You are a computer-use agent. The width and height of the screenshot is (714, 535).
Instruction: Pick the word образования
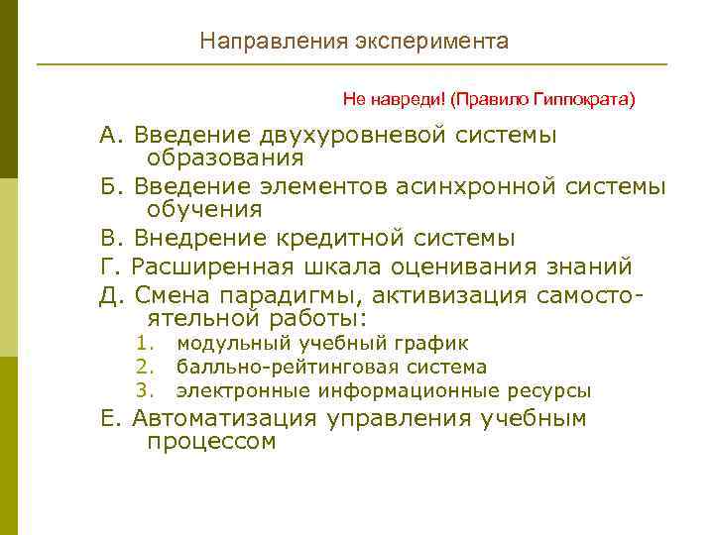click(225, 158)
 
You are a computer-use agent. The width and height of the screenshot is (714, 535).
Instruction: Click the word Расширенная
click(210, 267)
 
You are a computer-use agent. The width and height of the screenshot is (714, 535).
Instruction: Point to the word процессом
click(211, 442)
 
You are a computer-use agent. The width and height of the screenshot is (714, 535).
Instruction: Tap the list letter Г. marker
click(110, 267)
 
